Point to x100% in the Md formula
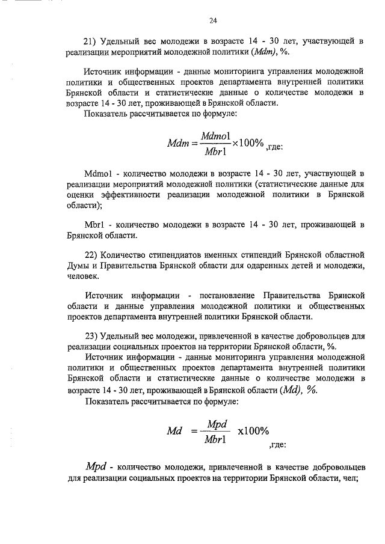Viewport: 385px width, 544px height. pyautogui.click(x=253, y=432)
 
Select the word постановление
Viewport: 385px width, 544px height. pyautogui.click(x=227, y=295)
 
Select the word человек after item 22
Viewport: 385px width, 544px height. pyautogui.click(x=84, y=277)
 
